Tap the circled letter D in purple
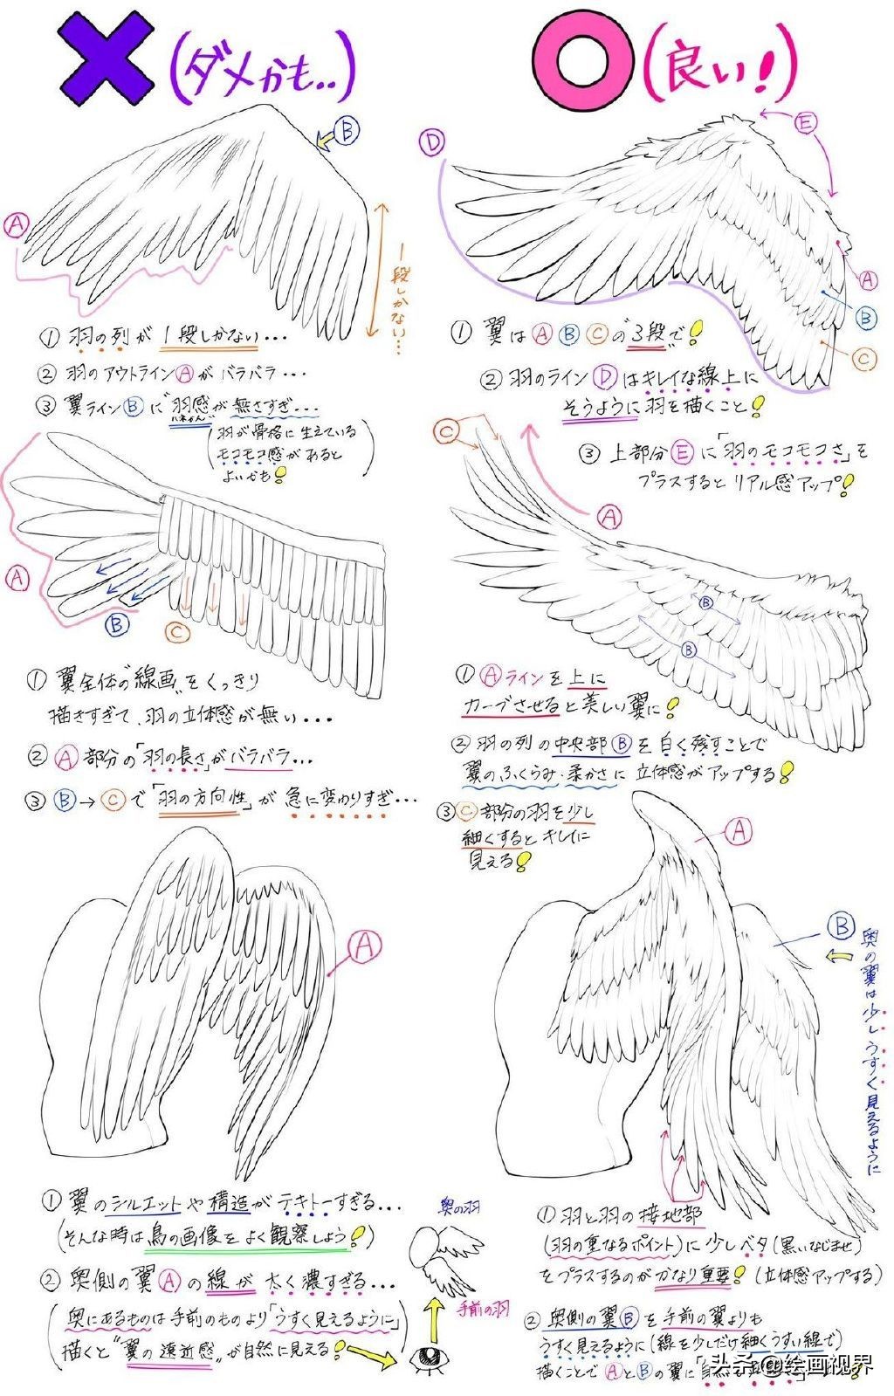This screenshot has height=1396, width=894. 432,142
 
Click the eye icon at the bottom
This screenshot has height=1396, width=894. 429,1356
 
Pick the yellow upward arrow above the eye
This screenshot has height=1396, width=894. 430,1314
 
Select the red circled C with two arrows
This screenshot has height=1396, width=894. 447,430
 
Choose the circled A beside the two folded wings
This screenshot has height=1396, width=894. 365,946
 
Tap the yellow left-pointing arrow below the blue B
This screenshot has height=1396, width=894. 840,956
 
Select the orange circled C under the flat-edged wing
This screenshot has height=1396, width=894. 177,631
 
